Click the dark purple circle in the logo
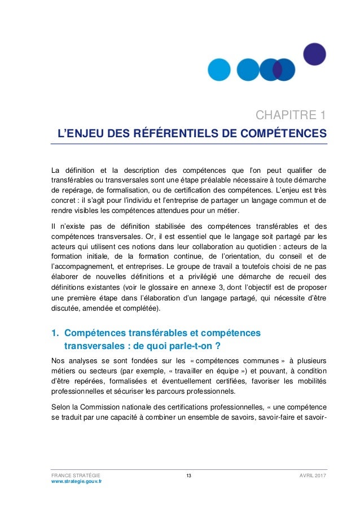[314, 54]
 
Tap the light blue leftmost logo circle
[219, 69]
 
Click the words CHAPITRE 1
[291, 116]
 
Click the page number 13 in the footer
[188, 476]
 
